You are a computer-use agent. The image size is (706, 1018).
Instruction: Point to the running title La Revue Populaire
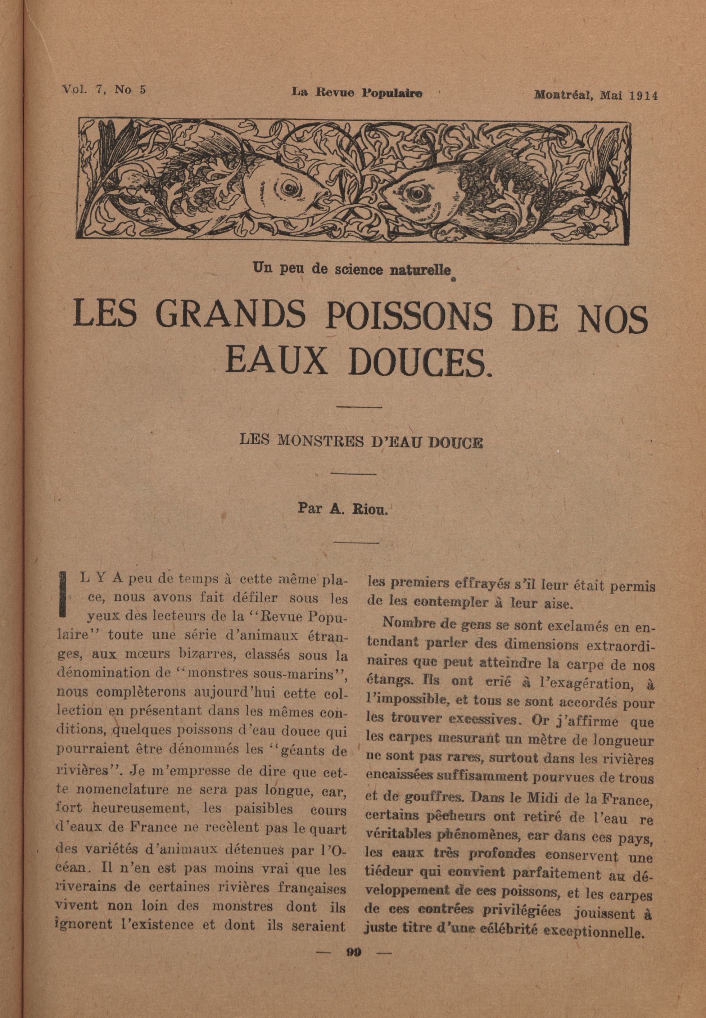(x=357, y=93)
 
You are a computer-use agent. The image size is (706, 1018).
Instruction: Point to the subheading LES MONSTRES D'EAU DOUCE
(x=361, y=442)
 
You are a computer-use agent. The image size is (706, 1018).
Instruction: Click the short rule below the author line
(x=356, y=542)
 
